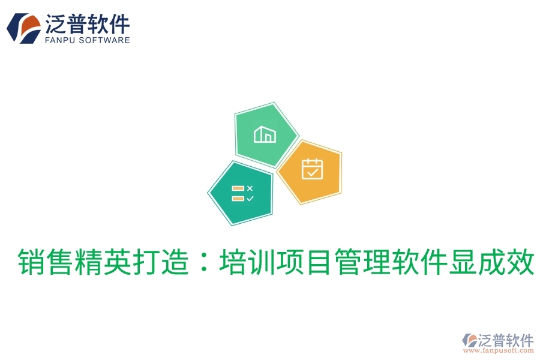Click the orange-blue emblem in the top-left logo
(23, 28)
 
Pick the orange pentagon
(310, 171)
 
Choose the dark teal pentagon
(241, 192)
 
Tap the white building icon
(265, 134)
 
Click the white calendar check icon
(312, 169)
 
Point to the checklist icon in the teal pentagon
(242, 193)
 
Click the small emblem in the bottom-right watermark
(469, 340)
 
